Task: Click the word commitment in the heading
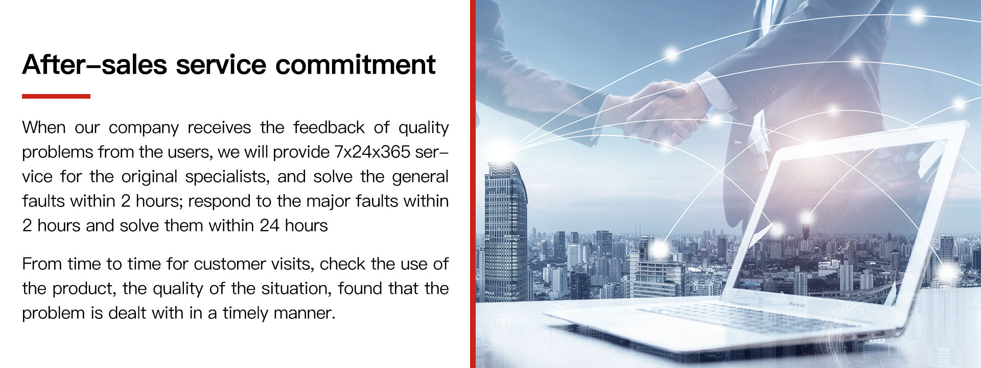pos(356,65)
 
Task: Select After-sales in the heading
pos(95,65)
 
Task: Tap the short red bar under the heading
pos(56,96)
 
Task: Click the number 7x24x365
pos(372,152)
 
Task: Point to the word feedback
pos(329,127)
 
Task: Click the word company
pos(144,128)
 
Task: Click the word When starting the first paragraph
pos(44,127)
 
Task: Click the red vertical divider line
pos(473,184)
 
